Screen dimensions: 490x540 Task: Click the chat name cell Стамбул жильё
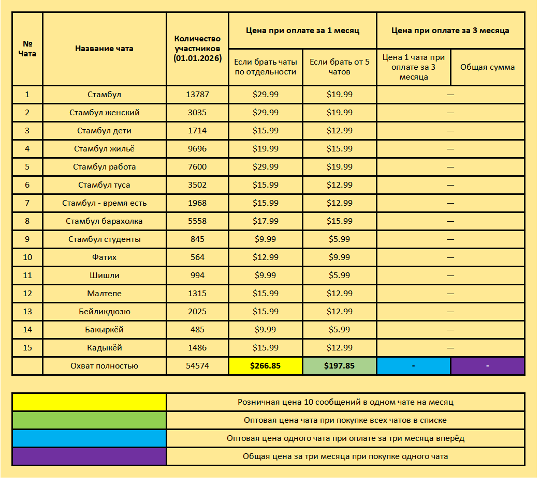104,149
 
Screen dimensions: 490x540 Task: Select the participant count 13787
197,95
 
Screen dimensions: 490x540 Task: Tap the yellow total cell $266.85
265,366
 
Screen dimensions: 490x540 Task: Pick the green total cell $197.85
339,366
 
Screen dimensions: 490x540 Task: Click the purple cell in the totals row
487,366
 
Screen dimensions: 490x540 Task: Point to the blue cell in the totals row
413,366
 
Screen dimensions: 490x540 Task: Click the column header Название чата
104,49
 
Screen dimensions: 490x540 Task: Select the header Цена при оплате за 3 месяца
450,30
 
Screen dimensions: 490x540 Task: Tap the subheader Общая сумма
487,67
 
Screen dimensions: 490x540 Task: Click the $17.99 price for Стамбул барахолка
265,221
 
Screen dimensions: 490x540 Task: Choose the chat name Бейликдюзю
104,312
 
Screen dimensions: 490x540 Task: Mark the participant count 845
197,239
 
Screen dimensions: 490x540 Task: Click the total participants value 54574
197,366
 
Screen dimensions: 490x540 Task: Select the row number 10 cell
27,257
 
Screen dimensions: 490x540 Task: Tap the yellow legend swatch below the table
89,402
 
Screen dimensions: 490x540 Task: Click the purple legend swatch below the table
89,456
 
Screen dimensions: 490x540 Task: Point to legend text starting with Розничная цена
345,402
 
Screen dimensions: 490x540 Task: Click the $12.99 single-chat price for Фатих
265,257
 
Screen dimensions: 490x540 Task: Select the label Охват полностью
104,366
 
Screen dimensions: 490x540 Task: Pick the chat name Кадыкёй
104,348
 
